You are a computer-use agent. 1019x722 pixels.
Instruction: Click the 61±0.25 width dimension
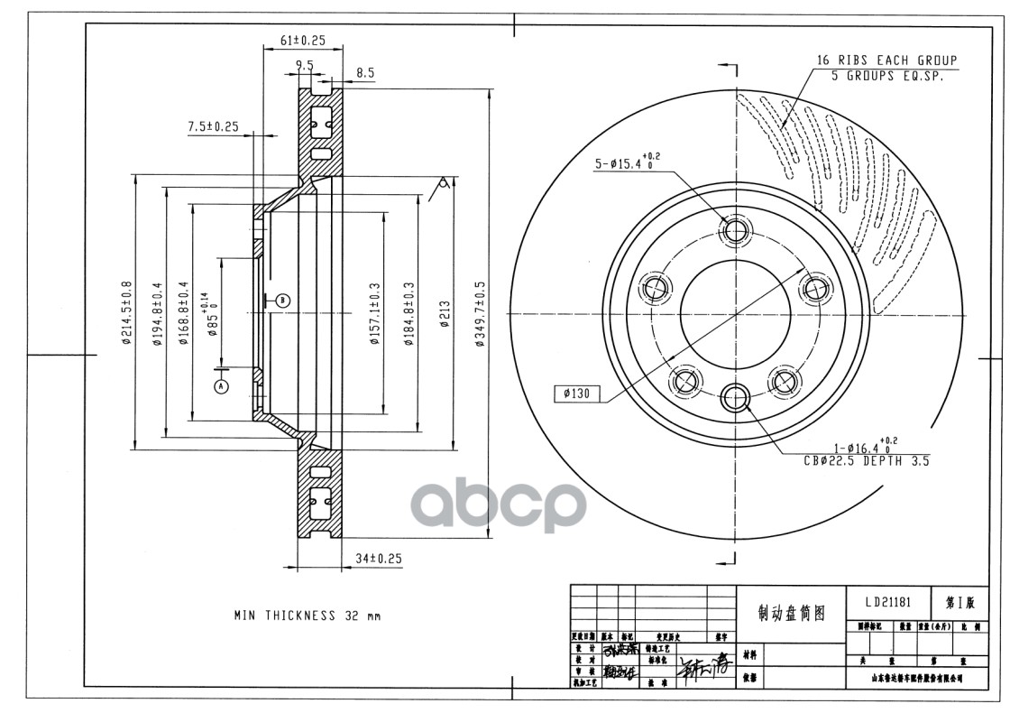pyautogui.click(x=302, y=41)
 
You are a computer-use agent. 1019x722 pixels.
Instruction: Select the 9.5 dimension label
pyautogui.click(x=304, y=65)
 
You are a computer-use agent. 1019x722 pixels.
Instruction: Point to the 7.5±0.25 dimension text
pyautogui.click(x=213, y=126)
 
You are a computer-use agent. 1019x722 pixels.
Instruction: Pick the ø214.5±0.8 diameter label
pyautogui.click(x=126, y=313)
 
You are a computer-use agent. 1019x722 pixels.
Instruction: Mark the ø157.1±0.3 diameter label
pyautogui.click(x=374, y=313)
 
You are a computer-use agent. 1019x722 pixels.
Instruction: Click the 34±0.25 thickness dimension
pyautogui.click(x=377, y=559)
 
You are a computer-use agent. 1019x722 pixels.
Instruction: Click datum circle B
pyautogui.click(x=282, y=301)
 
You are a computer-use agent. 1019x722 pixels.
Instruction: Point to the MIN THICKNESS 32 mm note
pyautogui.click(x=308, y=616)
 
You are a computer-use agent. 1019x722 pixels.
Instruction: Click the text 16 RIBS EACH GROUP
pyautogui.click(x=886, y=60)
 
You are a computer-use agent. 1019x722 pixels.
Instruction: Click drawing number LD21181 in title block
pyautogui.click(x=880, y=602)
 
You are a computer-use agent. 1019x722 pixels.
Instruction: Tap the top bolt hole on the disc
pyautogui.click(x=736, y=231)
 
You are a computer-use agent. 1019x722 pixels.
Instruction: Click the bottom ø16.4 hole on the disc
pyautogui.click(x=736, y=395)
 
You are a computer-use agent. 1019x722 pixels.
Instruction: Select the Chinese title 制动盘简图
pyautogui.click(x=791, y=613)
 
